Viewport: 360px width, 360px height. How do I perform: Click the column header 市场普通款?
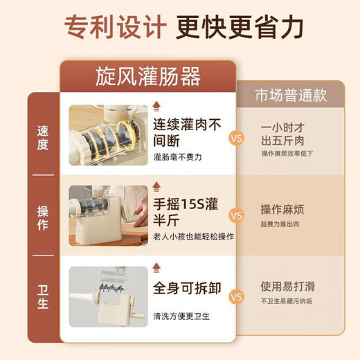pos(291,95)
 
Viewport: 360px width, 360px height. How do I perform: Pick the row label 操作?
pos(43,217)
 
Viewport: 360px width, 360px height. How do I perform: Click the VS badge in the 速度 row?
pos(236,138)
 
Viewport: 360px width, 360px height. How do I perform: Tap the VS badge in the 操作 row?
pos(236,216)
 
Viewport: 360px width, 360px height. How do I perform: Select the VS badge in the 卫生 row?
pos(236,298)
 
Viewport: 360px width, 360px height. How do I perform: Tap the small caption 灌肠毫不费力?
pos(178,156)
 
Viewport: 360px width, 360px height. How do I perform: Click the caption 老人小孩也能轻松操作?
pos(193,236)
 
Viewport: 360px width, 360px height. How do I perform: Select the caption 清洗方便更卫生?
pos(182,315)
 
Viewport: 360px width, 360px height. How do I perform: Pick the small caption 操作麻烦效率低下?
pos(287,153)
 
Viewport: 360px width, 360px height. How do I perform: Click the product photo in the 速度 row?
pos(108,136)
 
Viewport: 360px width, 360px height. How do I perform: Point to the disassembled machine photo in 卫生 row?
pos(108,296)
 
